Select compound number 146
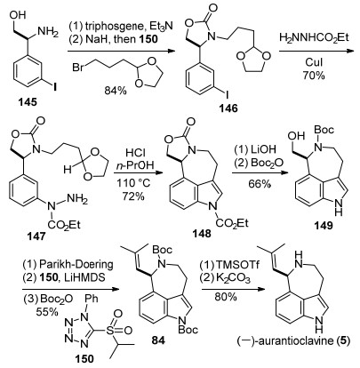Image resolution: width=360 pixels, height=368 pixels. click(x=228, y=108)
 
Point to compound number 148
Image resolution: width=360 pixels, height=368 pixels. click(x=202, y=234)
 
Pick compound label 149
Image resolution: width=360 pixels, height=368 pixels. click(x=324, y=226)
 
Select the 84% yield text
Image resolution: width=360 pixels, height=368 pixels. click(x=116, y=91)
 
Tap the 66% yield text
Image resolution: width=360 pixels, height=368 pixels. click(x=260, y=184)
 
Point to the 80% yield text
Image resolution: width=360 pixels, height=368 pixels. click(x=226, y=296)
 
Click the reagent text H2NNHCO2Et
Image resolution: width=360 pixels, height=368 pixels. click(x=315, y=38)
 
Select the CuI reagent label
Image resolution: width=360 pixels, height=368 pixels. click(x=314, y=62)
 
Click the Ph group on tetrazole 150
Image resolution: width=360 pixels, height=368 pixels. click(x=91, y=299)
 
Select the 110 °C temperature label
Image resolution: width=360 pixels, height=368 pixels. click(x=134, y=184)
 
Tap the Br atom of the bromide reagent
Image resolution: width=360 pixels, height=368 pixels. click(x=77, y=68)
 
